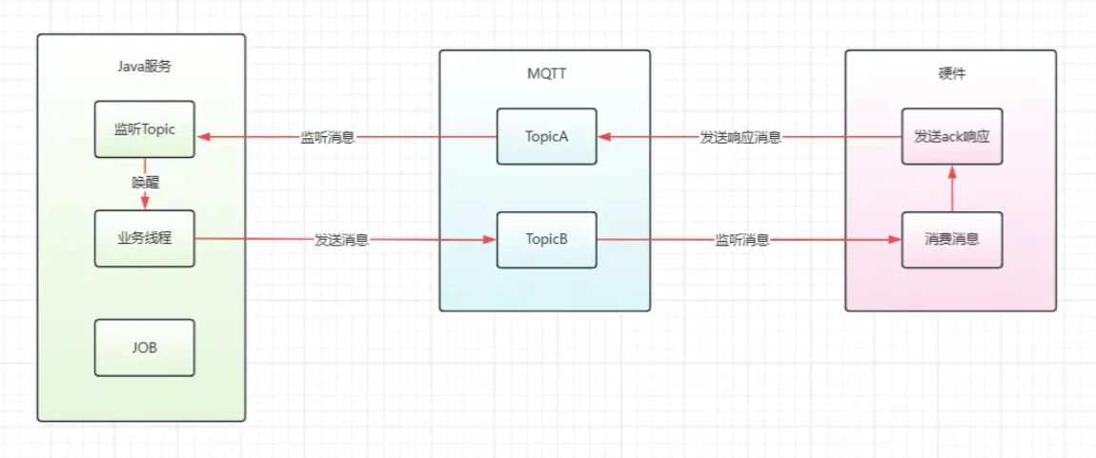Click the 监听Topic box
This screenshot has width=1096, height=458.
coord(145,129)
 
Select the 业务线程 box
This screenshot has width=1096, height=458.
coord(145,239)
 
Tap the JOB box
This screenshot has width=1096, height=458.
coord(145,348)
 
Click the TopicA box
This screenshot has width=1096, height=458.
coord(546,136)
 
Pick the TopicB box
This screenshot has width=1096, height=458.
coord(546,239)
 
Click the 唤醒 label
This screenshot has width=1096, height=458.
coord(145,182)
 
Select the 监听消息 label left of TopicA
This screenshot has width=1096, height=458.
coord(328,137)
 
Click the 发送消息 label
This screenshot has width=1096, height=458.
coord(341,240)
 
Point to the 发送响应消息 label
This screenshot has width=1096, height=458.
coord(741,137)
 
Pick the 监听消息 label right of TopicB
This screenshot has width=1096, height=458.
coord(742,240)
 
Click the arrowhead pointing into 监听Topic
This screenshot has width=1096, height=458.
coord(202,137)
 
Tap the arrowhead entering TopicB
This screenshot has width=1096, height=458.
coord(490,240)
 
